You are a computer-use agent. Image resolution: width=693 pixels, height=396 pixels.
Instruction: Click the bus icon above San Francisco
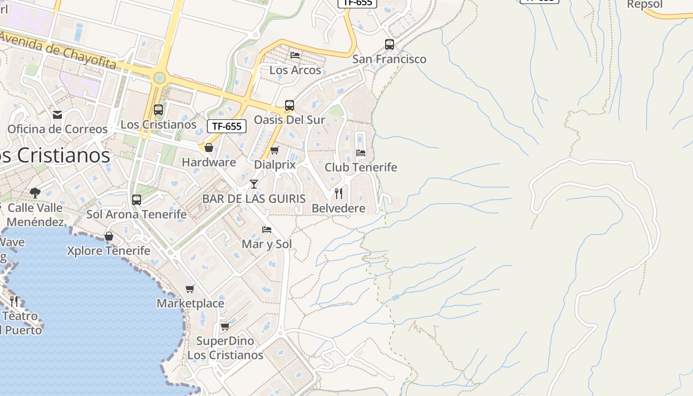click(390, 45)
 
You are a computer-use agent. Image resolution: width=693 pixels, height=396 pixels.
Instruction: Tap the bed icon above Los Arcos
click(295, 55)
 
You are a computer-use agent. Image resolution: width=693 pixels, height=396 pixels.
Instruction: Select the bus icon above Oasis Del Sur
click(290, 105)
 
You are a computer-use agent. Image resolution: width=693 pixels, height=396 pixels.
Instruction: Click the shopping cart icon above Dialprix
click(274, 150)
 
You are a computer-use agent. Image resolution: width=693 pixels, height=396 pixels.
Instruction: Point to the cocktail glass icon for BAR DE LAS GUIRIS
click(254, 184)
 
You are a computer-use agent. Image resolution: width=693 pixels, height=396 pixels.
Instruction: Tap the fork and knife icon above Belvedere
click(339, 194)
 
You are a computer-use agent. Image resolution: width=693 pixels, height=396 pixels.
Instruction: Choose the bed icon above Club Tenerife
click(361, 153)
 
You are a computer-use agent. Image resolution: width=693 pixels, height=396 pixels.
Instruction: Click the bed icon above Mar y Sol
click(267, 230)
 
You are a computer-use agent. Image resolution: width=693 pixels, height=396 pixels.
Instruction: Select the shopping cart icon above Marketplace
click(190, 289)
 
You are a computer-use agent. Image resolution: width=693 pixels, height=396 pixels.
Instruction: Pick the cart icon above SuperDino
click(225, 326)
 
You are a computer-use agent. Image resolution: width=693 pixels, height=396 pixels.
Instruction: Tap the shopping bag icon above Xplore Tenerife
click(109, 236)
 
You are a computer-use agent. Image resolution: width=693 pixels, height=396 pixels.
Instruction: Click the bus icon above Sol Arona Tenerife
click(137, 200)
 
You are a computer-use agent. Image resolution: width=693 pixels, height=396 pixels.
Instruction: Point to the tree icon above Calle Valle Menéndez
click(35, 193)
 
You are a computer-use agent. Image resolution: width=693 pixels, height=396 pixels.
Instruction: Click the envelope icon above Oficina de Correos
click(57, 115)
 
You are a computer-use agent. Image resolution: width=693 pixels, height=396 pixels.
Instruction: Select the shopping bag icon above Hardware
click(209, 148)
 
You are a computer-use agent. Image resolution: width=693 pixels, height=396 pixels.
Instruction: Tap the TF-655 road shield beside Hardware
click(227, 126)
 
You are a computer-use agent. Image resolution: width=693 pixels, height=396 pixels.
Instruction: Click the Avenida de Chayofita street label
click(58, 51)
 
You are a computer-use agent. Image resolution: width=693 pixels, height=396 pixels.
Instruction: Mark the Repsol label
click(644, 4)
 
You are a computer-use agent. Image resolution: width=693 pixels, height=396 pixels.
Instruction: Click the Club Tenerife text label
click(361, 167)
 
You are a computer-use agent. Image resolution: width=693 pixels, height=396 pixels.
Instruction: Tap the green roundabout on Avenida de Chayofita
click(159, 78)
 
